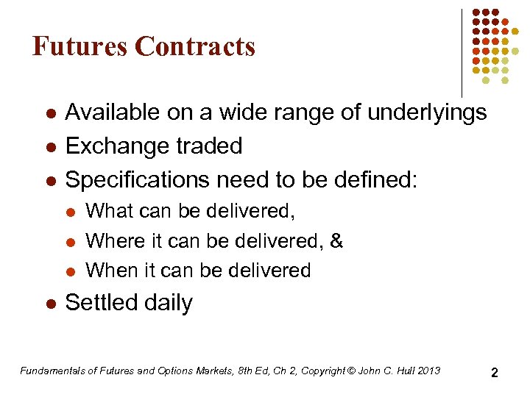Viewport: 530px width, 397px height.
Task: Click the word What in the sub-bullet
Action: coord(107,212)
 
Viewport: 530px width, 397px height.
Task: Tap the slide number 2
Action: coord(495,373)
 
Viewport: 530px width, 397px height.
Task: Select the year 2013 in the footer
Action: coord(428,371)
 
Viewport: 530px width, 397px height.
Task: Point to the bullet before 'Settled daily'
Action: coord(49,303)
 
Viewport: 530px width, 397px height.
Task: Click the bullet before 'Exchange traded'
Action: coord(49,146)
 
